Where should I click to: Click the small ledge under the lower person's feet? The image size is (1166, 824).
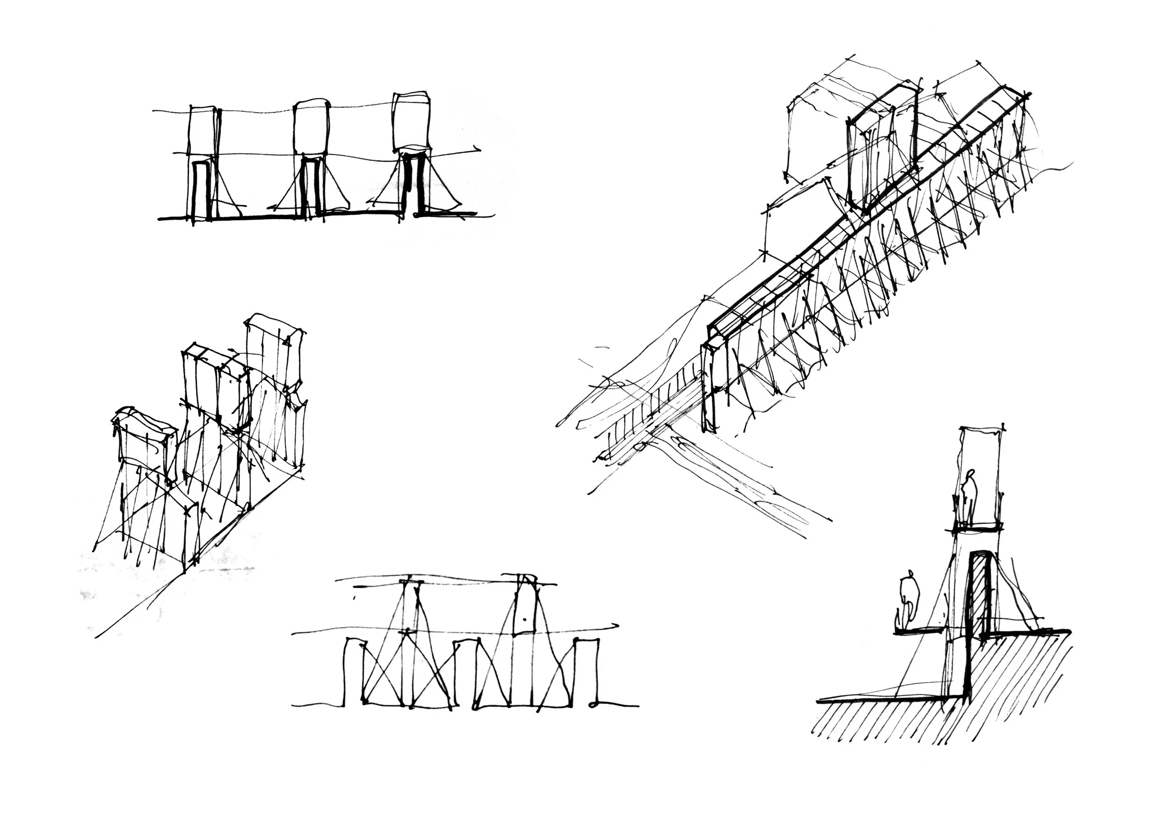(919, 631)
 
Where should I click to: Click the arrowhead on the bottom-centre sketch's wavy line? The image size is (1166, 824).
(615, 625)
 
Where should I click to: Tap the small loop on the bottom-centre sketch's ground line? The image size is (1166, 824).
(593, 705)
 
